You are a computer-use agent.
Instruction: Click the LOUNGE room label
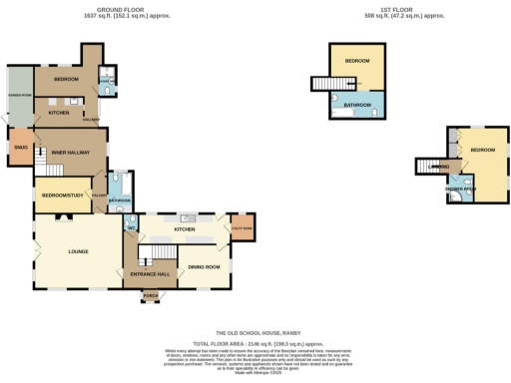tap(78, 250)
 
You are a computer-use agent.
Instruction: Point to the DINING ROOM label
tap(204, 266)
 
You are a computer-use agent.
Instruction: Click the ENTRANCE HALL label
tap(149, 272)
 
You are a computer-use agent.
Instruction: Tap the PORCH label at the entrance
tap(151, 296)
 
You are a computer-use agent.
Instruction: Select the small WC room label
tap(131, 227)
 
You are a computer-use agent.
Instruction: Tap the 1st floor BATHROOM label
tap(357, 104)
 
